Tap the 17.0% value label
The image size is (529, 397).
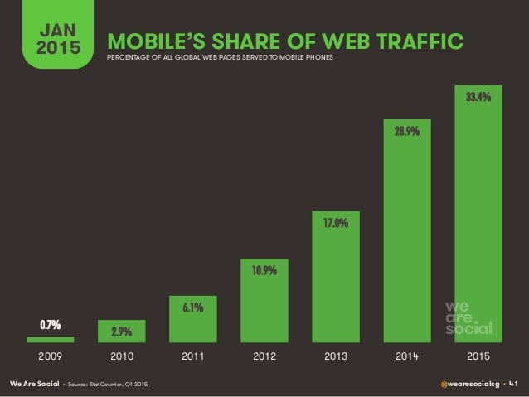[336, 223]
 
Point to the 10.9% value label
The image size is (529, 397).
[264, 270]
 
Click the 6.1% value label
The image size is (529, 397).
[192, 307]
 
